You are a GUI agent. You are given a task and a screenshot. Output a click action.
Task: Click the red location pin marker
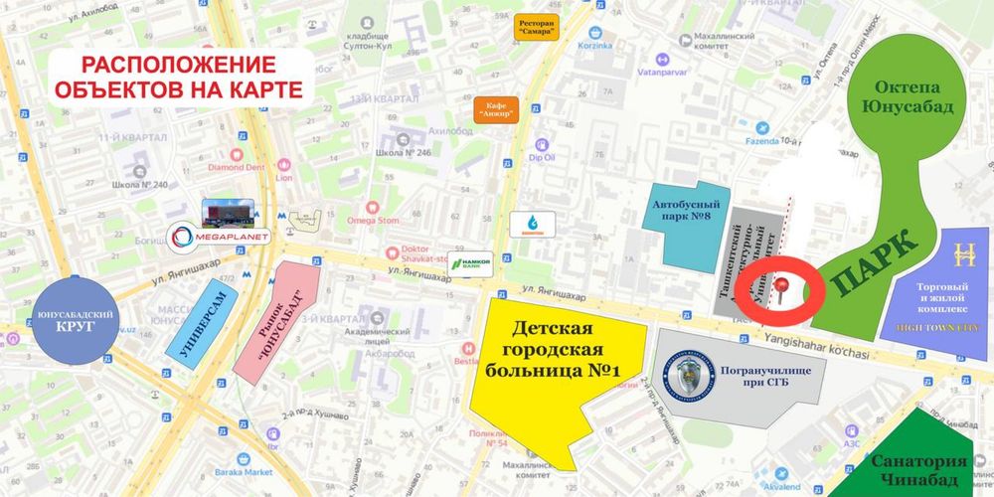point(785,289)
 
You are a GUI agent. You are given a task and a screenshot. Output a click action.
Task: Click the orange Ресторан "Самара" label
point(538,27)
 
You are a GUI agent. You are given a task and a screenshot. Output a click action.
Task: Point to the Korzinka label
point(616,47)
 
